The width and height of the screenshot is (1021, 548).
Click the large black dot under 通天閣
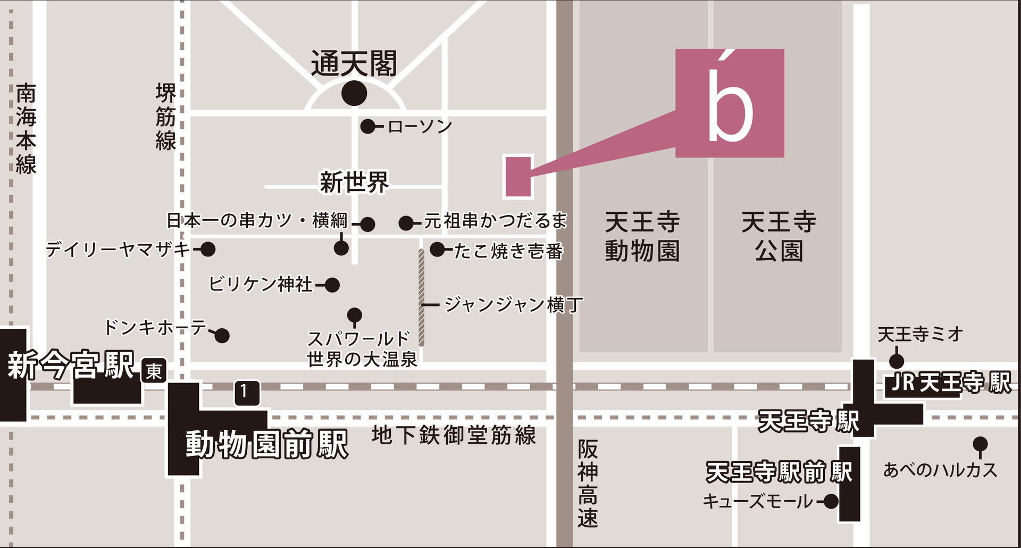(x=354, y=94)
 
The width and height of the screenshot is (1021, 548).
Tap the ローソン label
(x=420, y=127)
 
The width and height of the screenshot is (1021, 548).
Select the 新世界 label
(x=354, y=182)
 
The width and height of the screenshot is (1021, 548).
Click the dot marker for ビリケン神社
(x=332, y=285)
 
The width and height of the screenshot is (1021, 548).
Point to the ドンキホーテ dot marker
(x=222, y=336)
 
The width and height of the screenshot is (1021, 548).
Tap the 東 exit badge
(x=154, y=371)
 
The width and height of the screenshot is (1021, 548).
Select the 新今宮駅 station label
(x=70, y=365)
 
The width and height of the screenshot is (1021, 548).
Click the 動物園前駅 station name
(x=267, y=444)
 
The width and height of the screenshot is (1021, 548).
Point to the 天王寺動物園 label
(x=642, y=236)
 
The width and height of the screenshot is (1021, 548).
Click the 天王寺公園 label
(x=779, y=236)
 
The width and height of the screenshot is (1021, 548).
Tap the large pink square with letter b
(x=730, y=103)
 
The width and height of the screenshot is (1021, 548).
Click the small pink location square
(x=518, y=177)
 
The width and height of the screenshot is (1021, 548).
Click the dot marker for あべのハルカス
(x=980, y=444)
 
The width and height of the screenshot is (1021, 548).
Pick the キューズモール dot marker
(x=831, y=501)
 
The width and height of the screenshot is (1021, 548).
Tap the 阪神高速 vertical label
(x=588, y=483)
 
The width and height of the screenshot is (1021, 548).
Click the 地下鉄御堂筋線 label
(x=454, y=435)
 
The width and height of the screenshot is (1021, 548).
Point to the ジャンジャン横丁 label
(x=513, y=305)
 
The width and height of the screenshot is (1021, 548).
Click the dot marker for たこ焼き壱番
(x=437, y=249)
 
